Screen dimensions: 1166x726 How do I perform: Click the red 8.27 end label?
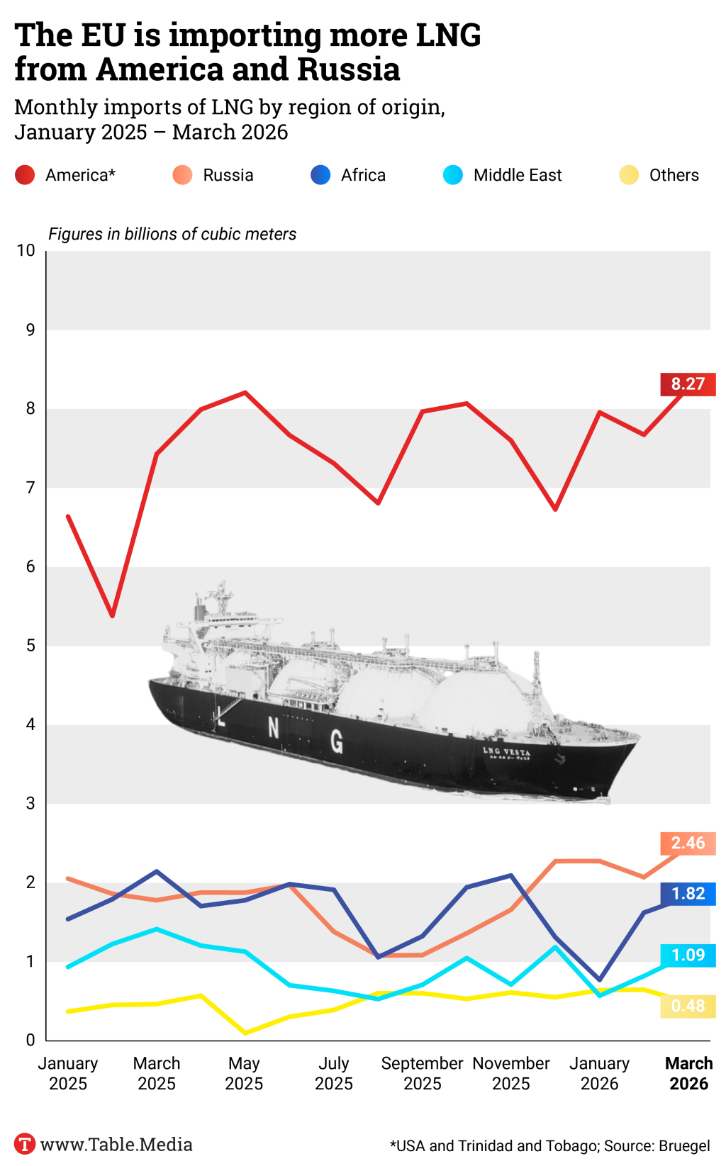click(x=688, y=384)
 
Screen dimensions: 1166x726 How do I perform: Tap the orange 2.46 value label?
click(x=688, y=843)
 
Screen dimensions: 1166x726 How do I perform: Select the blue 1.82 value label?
click(x=688, y=894)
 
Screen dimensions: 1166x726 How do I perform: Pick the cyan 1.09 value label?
click(x=688, y=955)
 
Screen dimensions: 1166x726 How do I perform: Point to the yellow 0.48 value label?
click(x=688, y=1007)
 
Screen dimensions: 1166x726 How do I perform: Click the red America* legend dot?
click(x=25, y=175)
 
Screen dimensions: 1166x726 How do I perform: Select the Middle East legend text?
click(x=517, y=175)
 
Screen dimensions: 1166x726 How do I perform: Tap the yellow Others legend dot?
click(x=629, y=175)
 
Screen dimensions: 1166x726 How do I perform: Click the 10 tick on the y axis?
click(x=26, y=250)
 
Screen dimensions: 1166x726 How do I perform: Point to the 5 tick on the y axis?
click(x=30, y=646)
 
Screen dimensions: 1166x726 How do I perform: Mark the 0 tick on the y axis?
click(x=30, y=1041)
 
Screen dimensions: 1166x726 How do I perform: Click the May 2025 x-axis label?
click(x=244, y=1074)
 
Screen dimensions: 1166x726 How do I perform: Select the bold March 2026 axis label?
click(x=688, y=1074)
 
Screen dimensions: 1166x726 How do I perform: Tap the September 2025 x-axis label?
click(x=422, y=1074)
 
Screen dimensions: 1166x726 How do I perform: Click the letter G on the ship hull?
click(x=337, y=741)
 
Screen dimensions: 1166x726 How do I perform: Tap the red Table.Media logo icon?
click(x=25, y=1144)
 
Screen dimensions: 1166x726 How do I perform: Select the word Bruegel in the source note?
click(x=684, y=1146)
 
